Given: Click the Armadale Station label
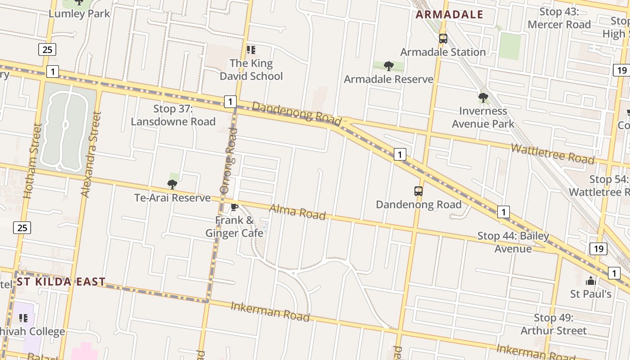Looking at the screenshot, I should [443, 52].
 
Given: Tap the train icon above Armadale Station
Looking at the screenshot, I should [443, 39].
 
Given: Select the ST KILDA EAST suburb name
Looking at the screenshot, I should [61, 282].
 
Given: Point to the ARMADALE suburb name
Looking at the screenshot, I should [449, 14].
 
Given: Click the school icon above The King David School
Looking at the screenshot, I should [251, 49].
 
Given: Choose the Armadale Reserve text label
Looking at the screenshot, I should [388, 79].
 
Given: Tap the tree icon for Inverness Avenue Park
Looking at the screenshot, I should [483, 97].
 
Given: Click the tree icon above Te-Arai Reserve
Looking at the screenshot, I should [172, 184].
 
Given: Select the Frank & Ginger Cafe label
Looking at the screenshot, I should [234, 226].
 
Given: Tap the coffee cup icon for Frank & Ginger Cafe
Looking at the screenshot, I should [234, 207].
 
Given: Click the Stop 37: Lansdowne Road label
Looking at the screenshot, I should [173, 115].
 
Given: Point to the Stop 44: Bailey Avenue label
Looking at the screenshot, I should [513, 242].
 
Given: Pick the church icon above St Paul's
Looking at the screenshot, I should [590, 281].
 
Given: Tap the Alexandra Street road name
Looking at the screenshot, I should [90, 154].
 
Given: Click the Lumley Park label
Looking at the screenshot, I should [79, 13].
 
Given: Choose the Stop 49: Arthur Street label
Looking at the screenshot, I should [553, 324].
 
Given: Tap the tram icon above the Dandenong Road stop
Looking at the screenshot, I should [418, 191].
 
